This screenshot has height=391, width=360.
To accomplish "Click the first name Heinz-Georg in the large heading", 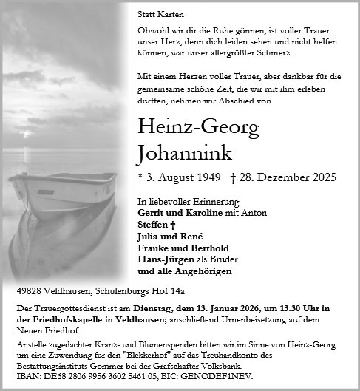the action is [199, 127].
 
